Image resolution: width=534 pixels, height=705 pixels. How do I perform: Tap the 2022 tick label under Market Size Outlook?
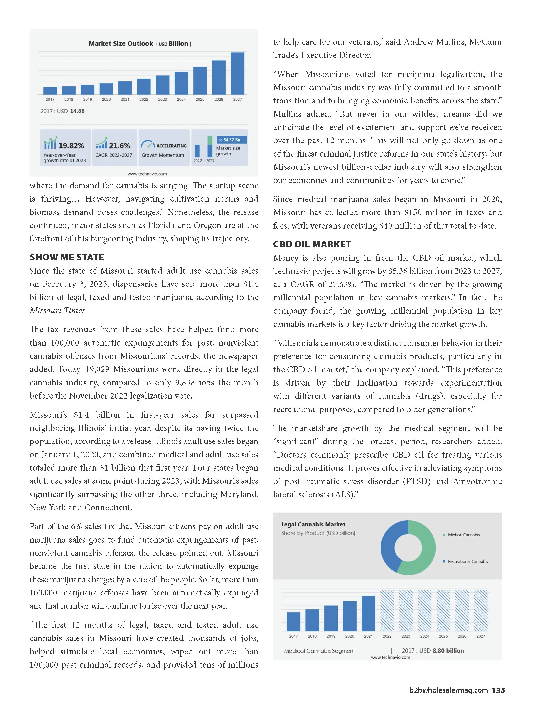tap(144, 100)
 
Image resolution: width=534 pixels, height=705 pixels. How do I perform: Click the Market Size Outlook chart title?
tap(140, 44)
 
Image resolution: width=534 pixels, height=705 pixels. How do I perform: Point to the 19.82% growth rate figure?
tap(71, 146)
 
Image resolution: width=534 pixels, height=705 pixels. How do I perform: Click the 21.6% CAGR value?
tap(119, 146)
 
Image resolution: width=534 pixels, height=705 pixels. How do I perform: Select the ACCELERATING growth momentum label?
tap(171, 146)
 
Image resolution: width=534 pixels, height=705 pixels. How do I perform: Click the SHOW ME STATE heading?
tap(67, 257)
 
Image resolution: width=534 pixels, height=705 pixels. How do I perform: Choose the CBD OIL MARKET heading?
tap(312, 244)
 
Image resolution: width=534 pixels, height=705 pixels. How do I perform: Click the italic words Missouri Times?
tap(58, 310)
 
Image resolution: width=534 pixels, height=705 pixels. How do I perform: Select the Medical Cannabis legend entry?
tap(464, 535)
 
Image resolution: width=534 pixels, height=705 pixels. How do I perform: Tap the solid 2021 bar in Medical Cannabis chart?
tap(368, 613)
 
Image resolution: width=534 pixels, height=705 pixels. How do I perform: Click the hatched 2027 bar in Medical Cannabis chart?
tap(480, 610)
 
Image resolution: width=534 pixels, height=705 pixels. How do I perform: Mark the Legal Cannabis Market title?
tap(313, 524)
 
